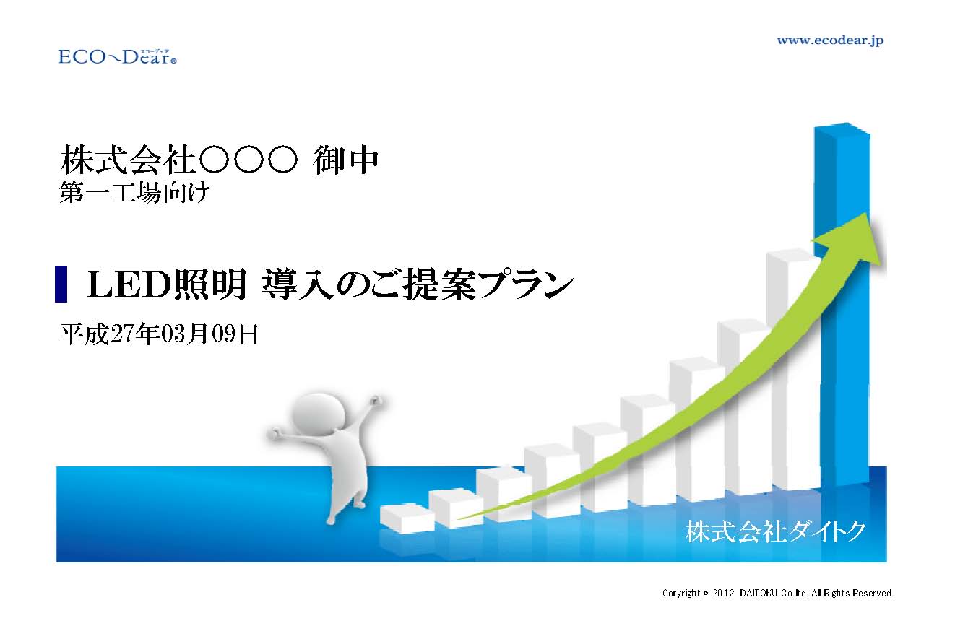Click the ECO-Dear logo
point(117,57)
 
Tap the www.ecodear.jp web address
point(830,41)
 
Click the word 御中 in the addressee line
point(346,160)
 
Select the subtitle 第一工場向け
point(134,192)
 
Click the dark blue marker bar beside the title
point(61,284)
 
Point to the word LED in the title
point(129,284)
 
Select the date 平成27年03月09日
point(159,334)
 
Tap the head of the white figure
point(318,413)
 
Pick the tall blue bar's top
point(842,128)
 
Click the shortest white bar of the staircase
point(407,518)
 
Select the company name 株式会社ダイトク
point(775,531)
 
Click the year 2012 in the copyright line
point(724,593)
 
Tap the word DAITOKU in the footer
point(759,593)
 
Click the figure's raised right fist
point(376,401)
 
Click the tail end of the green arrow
point(459,518)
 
